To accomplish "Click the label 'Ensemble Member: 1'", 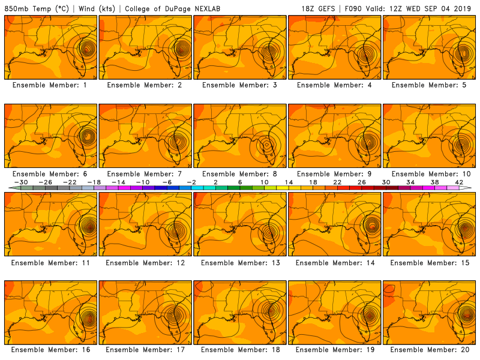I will click(50, 85).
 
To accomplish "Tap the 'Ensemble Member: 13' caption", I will click(240, 262).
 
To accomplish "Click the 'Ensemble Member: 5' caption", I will click(430, 85).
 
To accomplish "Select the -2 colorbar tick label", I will click(191, 182).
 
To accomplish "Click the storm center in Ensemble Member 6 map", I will click(88, 136).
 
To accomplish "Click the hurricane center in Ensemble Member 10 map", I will click(461, 143).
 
